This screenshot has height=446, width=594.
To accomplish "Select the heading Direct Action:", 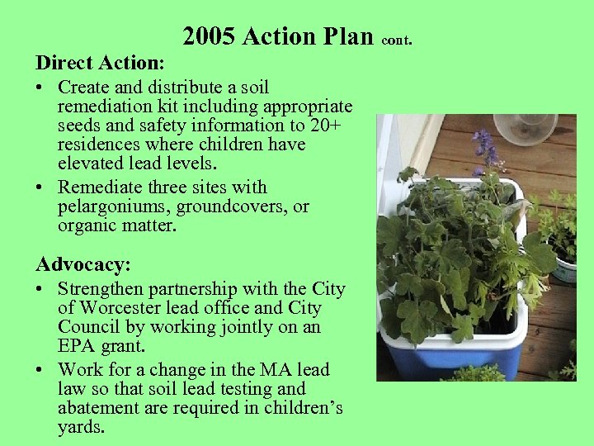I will click(100, 62).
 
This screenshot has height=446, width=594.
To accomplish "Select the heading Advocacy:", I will click(82, 264).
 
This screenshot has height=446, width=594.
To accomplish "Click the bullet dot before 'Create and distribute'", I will click(41, 88).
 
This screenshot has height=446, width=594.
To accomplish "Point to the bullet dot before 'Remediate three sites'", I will click(41, 187).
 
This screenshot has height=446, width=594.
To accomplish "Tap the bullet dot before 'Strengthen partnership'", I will click(41, 289).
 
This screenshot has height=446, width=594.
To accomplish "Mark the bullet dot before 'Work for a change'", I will click(41, 370).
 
